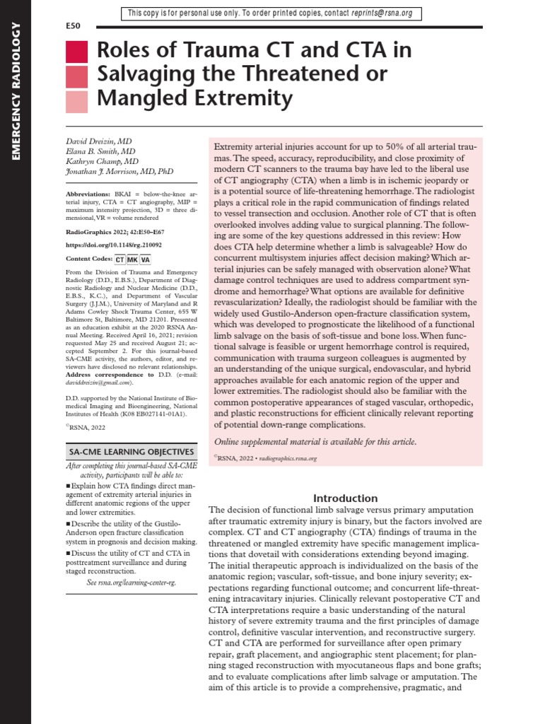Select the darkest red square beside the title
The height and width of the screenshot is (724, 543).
pos(76,52)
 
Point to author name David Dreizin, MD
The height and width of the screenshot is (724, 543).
pos(95,142)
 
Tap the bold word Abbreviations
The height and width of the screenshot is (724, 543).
pos(87,193)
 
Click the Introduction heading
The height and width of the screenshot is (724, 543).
pos(345,498)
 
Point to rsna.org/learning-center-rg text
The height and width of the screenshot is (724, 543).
pos(132,583)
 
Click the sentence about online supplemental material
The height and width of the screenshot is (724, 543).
pos(315,442)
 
